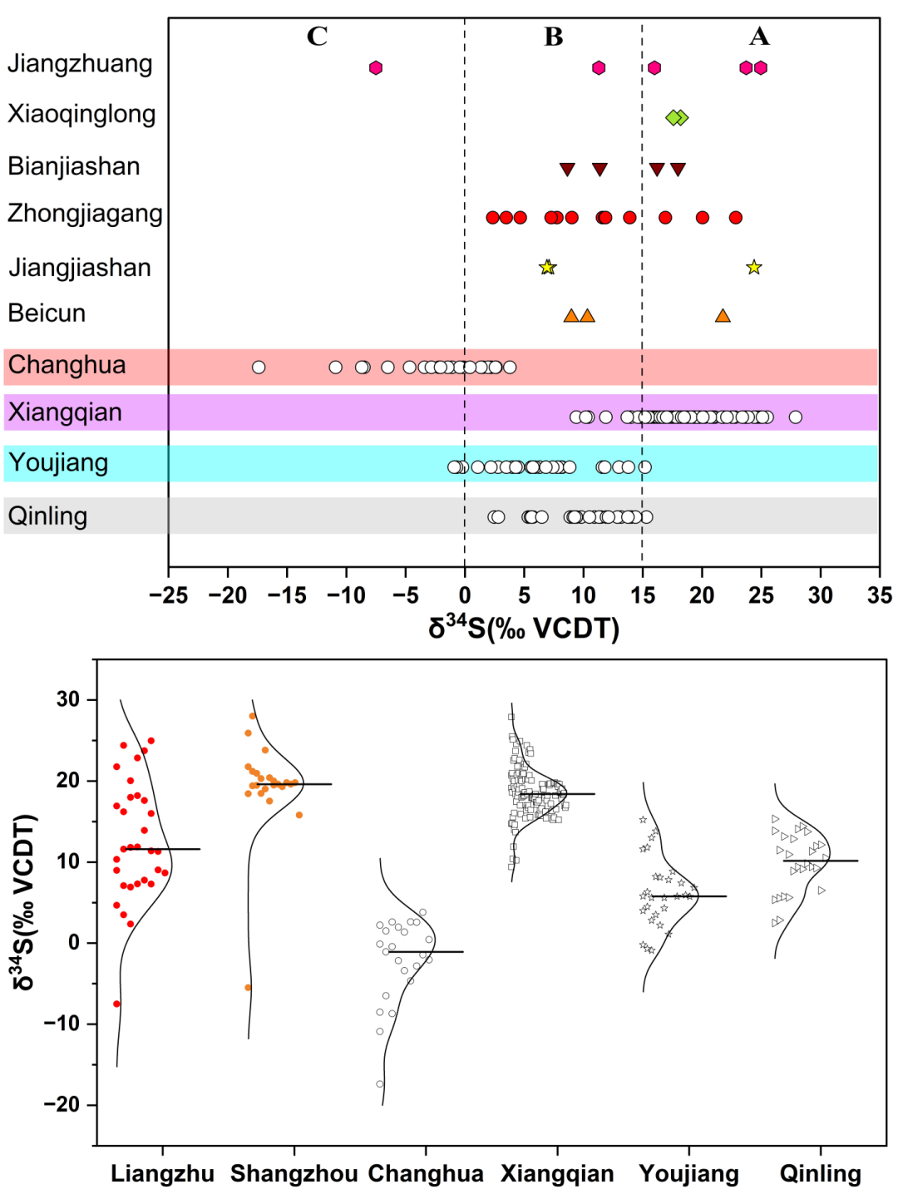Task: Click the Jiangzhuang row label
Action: coord(80,64)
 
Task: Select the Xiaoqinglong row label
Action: coord(81,114)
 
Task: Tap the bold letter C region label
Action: coord(317,37)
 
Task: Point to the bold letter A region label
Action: coord(759,37)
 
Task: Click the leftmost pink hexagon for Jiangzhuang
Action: coord(376,67)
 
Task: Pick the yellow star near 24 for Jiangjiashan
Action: coord(754,267)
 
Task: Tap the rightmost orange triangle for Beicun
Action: coord(723,316)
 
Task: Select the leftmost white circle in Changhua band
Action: coord(259,368)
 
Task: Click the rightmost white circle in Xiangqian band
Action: coord(796,417)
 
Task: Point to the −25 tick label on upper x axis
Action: coord(168,595)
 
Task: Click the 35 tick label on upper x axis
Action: coord(879,595)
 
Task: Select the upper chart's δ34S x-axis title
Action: coord(524,628)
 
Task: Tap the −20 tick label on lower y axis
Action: coord(62,1105)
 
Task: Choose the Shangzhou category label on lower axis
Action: coord(294,1174)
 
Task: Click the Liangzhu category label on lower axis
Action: coord(162,1174)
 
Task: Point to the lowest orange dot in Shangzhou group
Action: coord(248,988)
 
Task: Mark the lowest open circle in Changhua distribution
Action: coord(380,1084)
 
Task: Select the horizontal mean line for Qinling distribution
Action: coord(820,861)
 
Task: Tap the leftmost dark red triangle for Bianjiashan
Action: coord(567,170)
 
